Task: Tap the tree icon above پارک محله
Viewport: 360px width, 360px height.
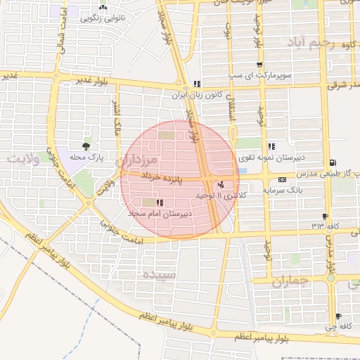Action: point(86,147)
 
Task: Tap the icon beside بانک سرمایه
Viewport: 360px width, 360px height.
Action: point(283,180)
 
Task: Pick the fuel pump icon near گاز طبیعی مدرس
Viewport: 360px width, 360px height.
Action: point(332,162)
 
